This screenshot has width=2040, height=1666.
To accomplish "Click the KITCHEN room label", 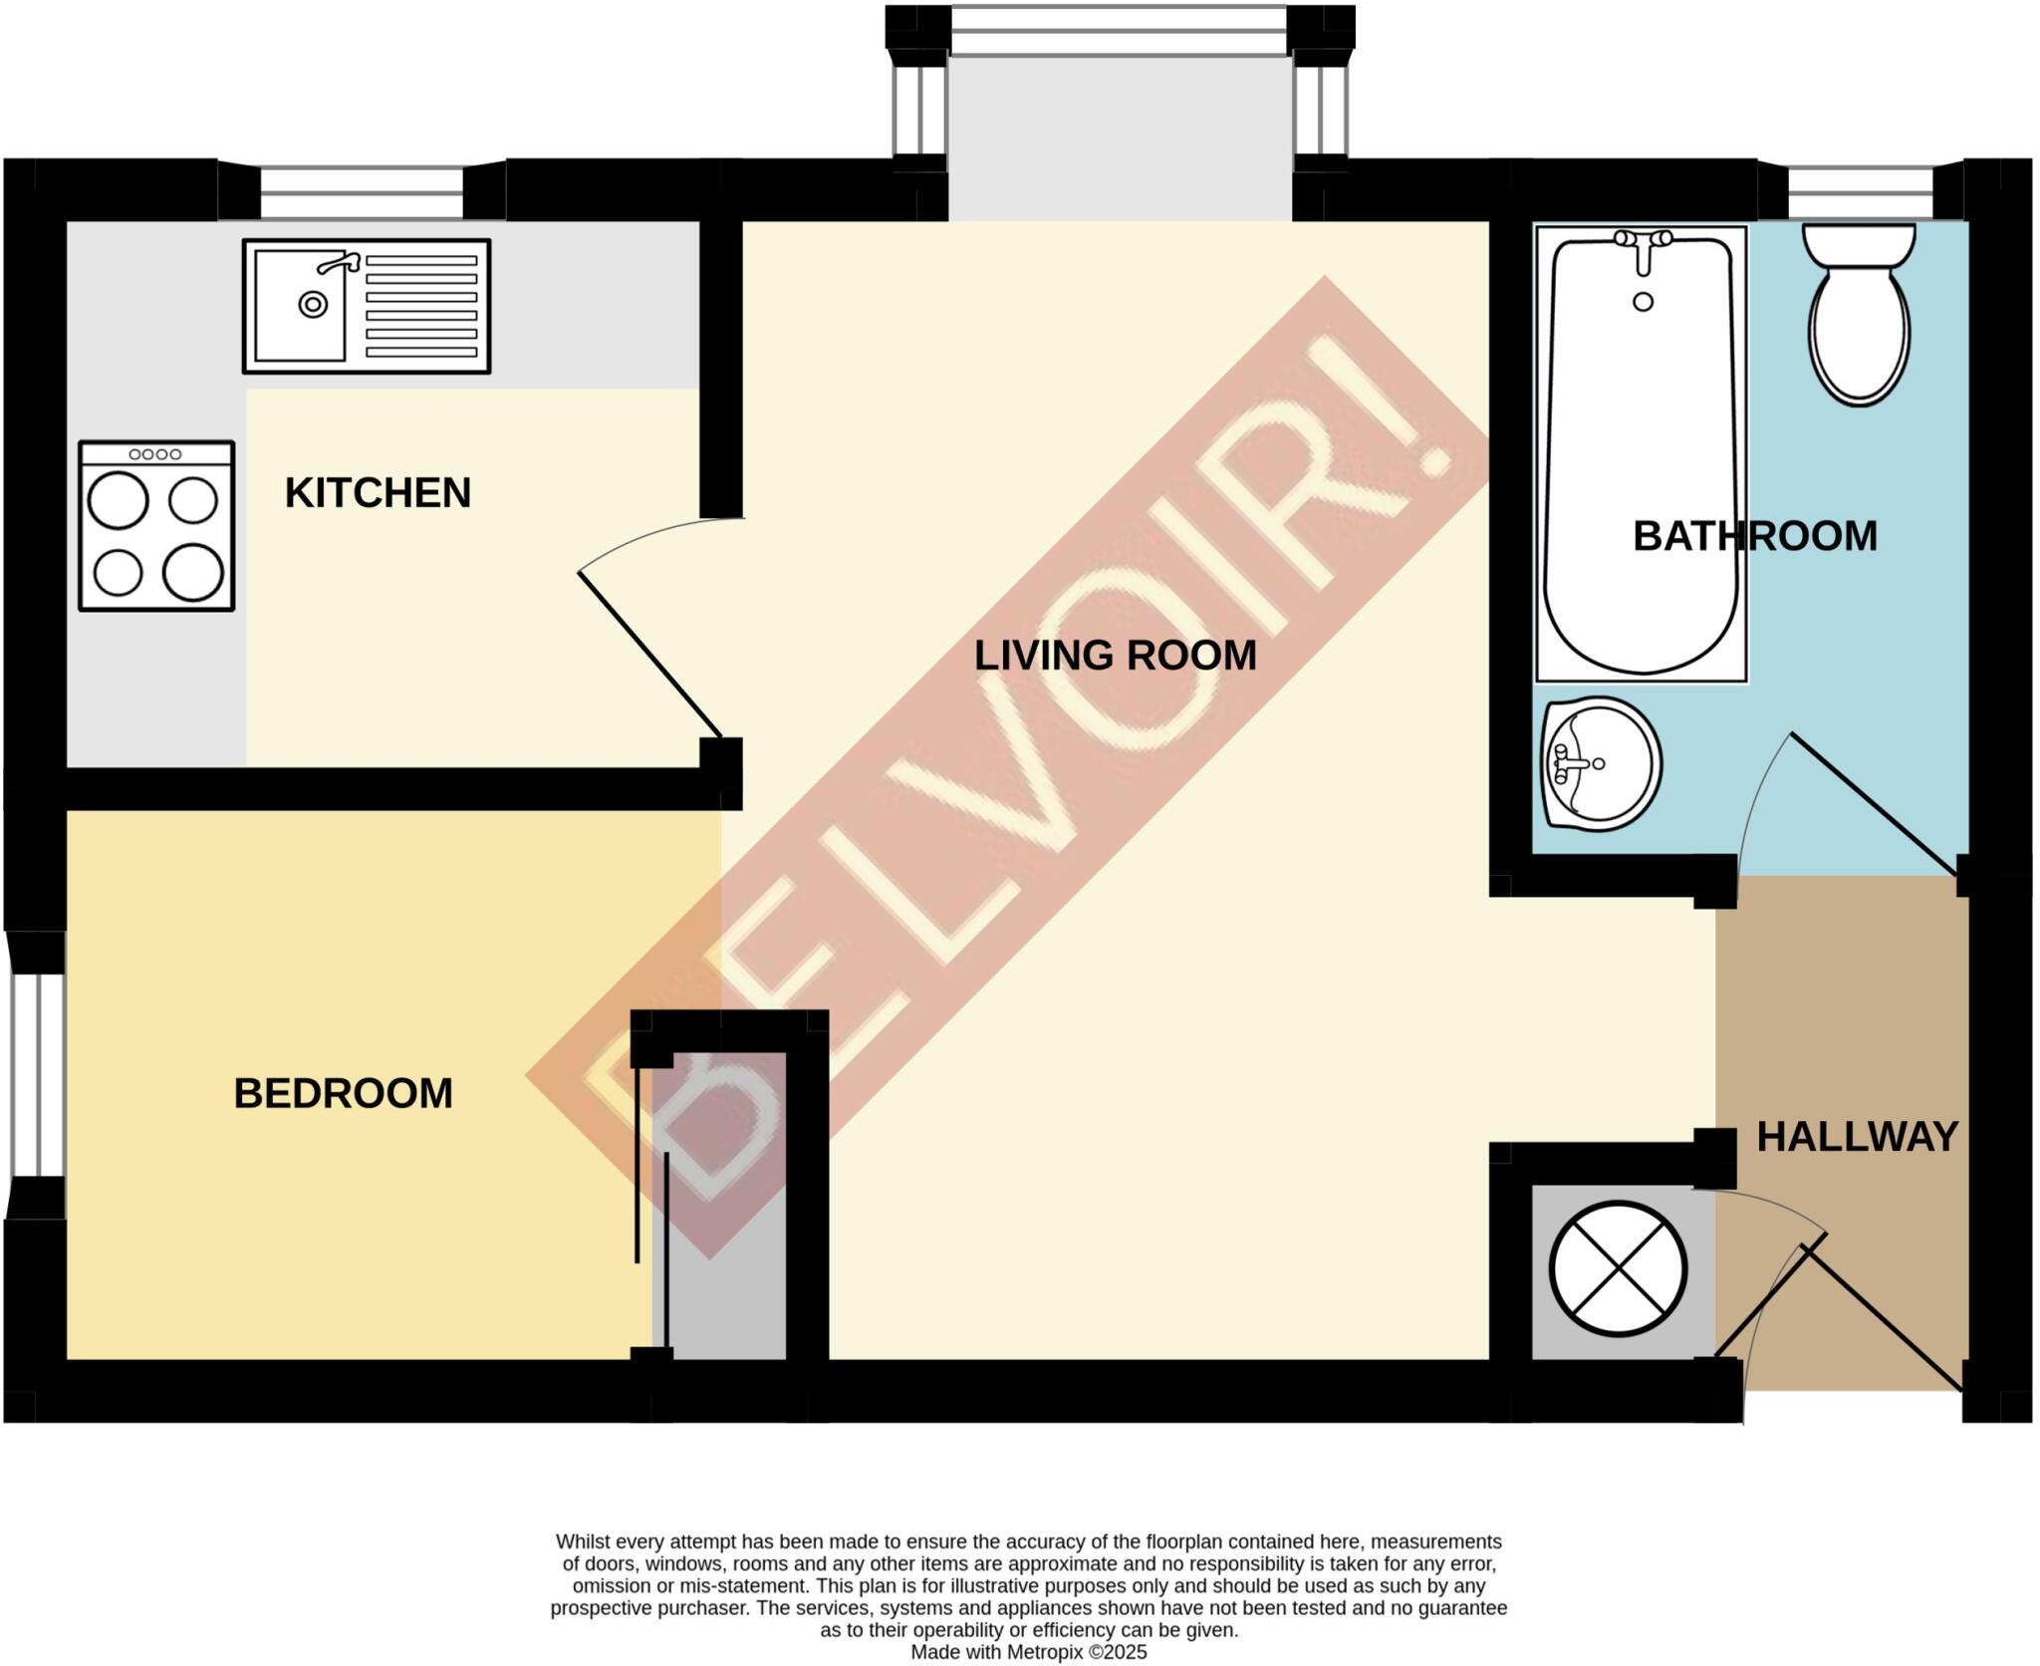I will coord(378,493).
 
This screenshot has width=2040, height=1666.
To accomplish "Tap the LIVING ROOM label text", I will coord(1115,656).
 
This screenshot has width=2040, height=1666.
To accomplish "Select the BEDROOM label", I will coord(343,1094).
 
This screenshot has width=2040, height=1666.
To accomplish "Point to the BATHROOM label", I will coord(1754,537).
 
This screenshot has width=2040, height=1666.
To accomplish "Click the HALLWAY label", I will coord(1857,1137).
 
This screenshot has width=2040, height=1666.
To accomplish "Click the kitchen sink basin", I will coord(300,305).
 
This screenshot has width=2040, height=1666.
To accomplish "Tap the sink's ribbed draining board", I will coord(420,306).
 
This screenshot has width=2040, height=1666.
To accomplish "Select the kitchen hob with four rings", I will coord(156,526).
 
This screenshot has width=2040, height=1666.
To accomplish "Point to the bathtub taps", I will coord(1643,242).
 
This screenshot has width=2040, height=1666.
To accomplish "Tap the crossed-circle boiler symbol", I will coord(1618,1269).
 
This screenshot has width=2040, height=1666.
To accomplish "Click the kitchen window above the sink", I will coord(362,192).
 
